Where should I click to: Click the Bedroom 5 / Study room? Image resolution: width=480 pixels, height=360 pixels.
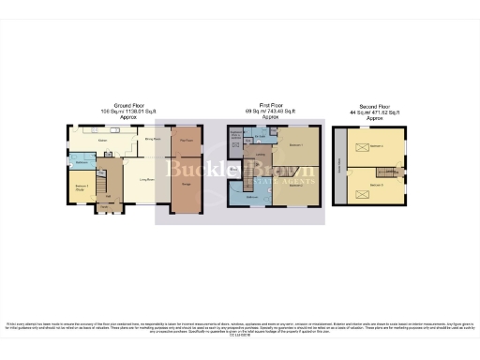[x=82, y=187]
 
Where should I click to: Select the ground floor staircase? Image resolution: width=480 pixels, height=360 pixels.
[x=105, y=173]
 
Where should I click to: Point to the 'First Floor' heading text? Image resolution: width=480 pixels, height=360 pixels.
[x=271, y=104]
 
